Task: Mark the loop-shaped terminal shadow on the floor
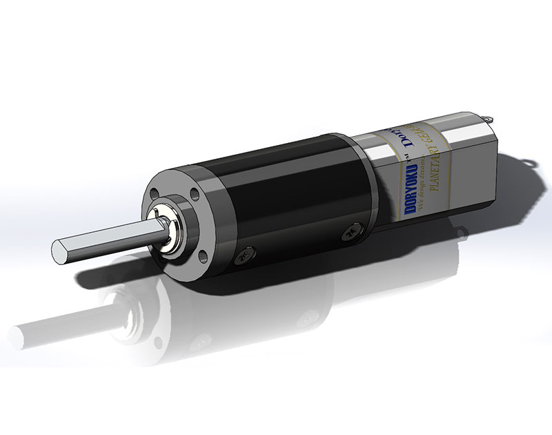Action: [x=528, y=162]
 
